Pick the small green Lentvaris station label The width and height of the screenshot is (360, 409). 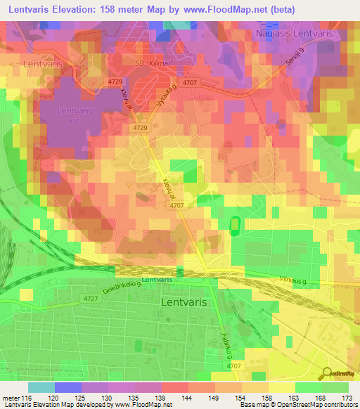point(157,280)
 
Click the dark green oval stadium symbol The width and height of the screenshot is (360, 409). point(234,225)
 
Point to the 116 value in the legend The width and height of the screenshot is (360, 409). point(21,398)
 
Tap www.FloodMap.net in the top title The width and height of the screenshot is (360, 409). point(219,9)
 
